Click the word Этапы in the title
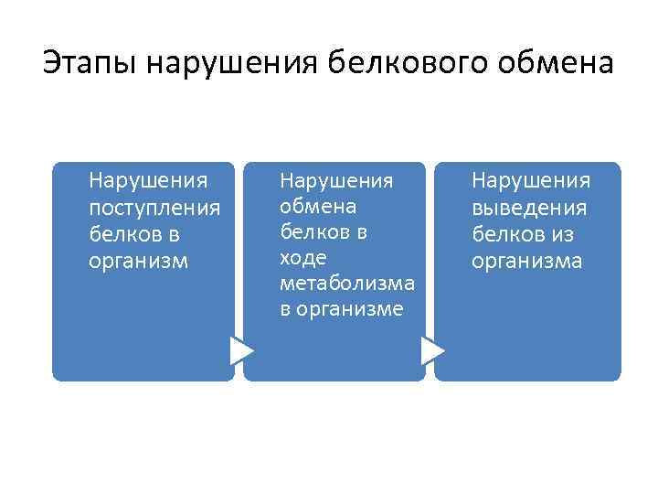tap(88, 64)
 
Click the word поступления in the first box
tap(154, 208)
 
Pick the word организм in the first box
tap(138, 261)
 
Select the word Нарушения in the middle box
tap(336, 180)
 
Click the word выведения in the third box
tap(529, 208)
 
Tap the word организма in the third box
tap(527, 261)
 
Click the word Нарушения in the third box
tap(531, 181)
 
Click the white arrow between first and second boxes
tap(241, 350)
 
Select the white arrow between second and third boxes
tap(433, 350)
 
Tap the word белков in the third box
tap(504, 234)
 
